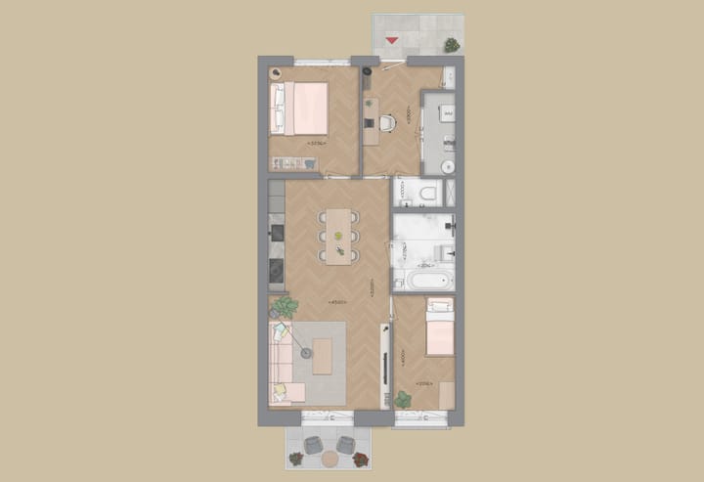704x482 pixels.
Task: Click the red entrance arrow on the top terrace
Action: [392, 40]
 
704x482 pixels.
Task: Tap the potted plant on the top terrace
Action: [452, 44]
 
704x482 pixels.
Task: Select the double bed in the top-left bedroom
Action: [302, 108]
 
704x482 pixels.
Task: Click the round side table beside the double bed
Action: [277, 73]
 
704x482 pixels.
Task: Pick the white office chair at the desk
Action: [386, 122]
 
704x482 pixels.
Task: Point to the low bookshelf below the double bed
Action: [292, 163]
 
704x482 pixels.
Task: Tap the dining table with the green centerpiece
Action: [338, 236]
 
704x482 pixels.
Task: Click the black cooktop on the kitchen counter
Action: [277, 268]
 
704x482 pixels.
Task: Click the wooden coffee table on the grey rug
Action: [323, 357]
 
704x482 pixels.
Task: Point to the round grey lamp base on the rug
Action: [306, 353]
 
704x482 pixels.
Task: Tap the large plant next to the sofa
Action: [285, 307]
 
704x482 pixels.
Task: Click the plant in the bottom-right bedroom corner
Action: [403, 399]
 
